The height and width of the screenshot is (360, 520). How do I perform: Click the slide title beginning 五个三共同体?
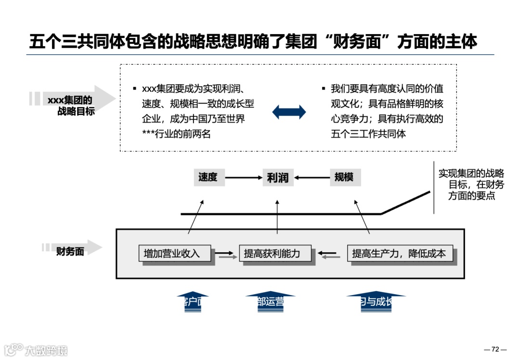[253, 41]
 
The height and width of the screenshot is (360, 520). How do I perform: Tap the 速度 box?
[208, 177]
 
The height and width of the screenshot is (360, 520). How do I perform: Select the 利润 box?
[277, 178]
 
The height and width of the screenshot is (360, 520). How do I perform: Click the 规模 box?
[344, 177]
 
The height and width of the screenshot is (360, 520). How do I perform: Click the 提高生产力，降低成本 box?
[399, 253]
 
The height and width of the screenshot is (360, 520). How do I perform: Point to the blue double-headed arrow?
[289, 112]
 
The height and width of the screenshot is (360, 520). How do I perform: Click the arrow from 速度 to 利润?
[243, 178]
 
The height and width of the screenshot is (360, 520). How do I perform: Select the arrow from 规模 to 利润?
[311, 178]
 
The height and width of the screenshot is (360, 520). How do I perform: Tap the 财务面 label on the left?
[70, 251]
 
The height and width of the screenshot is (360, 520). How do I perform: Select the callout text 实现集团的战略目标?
[471, 185]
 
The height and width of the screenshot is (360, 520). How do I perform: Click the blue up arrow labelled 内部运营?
[270, 302]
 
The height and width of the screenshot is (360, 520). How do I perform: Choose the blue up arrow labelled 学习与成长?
[376, 302]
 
